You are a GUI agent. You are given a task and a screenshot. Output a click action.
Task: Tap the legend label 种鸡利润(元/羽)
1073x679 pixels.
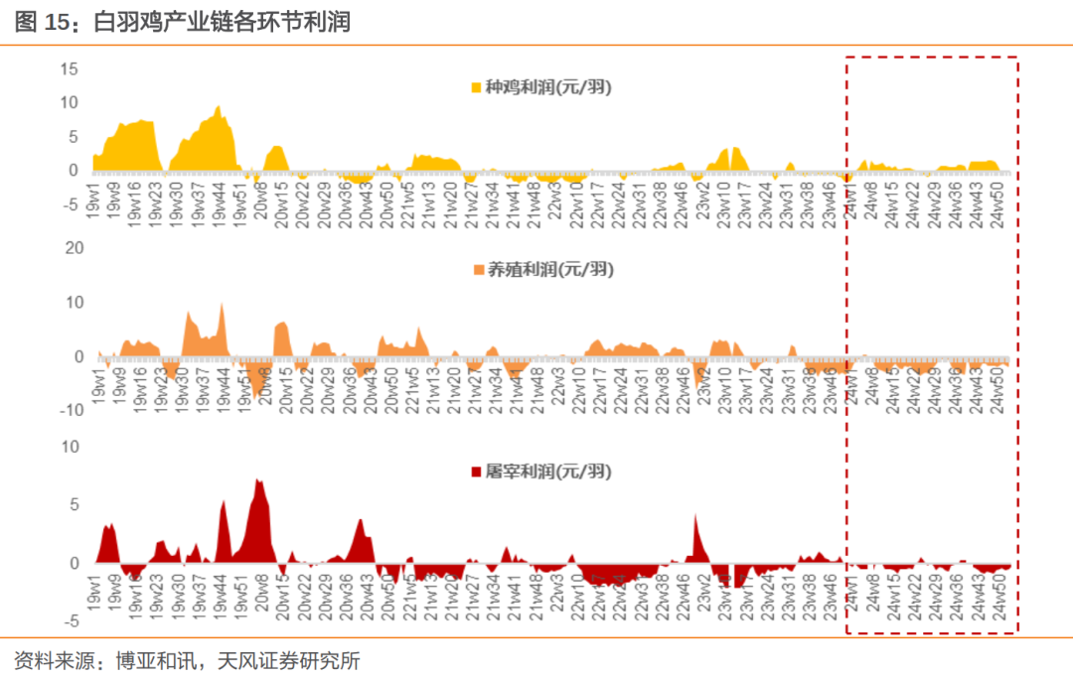point(547,86)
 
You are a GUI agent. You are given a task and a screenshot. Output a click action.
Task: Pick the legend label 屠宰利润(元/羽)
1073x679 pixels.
point(547,471)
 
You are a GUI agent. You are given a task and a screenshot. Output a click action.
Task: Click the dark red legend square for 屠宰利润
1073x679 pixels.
point(474,472)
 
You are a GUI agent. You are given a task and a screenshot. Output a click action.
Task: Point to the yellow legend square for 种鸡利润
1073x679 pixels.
point(476,87)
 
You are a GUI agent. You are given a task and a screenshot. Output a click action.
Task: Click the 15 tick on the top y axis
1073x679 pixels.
point(69,68)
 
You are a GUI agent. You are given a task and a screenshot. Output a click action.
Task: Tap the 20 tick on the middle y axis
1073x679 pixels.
point(74,247)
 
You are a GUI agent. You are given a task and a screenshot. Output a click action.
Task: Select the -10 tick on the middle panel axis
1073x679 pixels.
point(71,410)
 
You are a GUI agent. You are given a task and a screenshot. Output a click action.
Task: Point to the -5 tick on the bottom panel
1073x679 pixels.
point(72,621)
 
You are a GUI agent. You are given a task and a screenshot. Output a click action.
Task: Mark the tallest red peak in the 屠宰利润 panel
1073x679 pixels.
point(257,480)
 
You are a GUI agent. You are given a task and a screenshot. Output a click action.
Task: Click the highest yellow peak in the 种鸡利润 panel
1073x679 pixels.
point(219,106)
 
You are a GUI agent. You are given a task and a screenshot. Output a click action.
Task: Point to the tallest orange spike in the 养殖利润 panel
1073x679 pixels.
point(222,304)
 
